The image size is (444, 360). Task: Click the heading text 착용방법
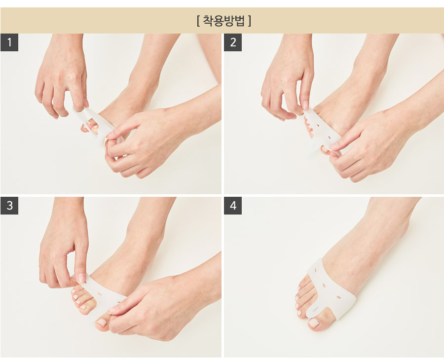pyautogui.click(x=223, y=21)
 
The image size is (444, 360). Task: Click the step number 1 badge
pyautogui.click(x=9, y=42)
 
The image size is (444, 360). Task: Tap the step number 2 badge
pyautogui.click(x=233, y=42)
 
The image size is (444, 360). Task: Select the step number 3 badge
pyautogui.click(x=9, y=206)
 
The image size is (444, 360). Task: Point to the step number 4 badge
pyautogui.click(x=233, y=206)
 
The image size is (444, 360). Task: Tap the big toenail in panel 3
pyautogui.click(x=102, y=322)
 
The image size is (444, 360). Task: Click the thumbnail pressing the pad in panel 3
pyautogui.click(x=81, y=278)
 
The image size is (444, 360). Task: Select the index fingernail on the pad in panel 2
pyautogui.click(x=306, y=105)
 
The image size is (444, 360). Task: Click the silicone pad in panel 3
pyautogui.click(x=105, y=294)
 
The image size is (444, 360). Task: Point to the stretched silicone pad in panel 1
pyautogui.click(x=96, y=125)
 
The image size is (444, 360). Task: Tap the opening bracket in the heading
pyautogui.click(x=198, y=21)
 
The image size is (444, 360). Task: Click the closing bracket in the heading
pyautogui.click(x=249, y=21)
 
